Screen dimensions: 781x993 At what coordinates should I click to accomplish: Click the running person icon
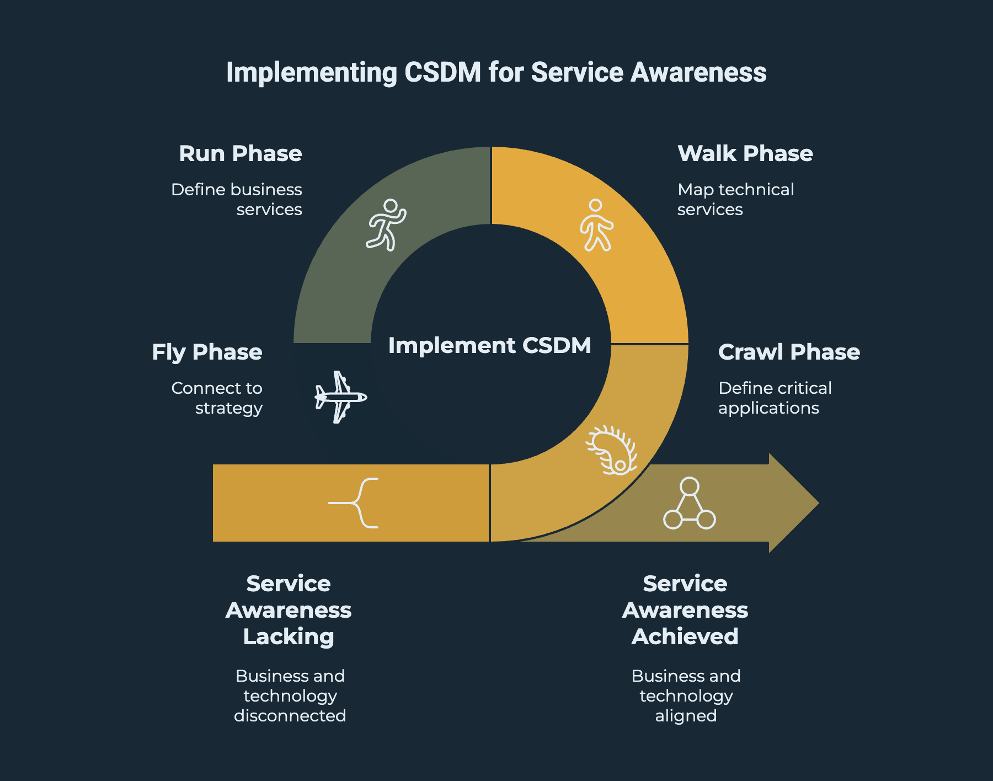(386, 225)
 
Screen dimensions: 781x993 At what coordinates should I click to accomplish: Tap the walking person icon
(596, 225)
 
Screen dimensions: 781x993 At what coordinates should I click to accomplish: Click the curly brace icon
(356, 503)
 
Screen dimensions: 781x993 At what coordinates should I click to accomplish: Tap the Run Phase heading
(241, 153)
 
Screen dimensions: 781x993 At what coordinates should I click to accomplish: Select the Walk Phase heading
(745, 153)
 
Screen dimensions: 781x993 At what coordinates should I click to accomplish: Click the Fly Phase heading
(207, 352)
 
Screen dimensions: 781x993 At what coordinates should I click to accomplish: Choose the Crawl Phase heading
(789, 352)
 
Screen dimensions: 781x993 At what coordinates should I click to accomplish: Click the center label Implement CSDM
(489, 345)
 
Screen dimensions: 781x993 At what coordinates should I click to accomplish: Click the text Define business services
(237, 199)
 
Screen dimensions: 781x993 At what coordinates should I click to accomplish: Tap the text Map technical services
(735, 199)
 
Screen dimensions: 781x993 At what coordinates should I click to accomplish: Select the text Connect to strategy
(217, 398)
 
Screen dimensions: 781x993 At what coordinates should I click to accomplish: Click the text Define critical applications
(775, 398)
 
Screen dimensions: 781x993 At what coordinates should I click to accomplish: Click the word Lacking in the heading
(289, 636)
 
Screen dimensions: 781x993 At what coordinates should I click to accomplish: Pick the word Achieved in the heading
(685, 636)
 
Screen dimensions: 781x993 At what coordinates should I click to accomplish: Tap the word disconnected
(290, 715)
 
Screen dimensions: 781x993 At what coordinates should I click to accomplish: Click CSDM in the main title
(443, 72)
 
